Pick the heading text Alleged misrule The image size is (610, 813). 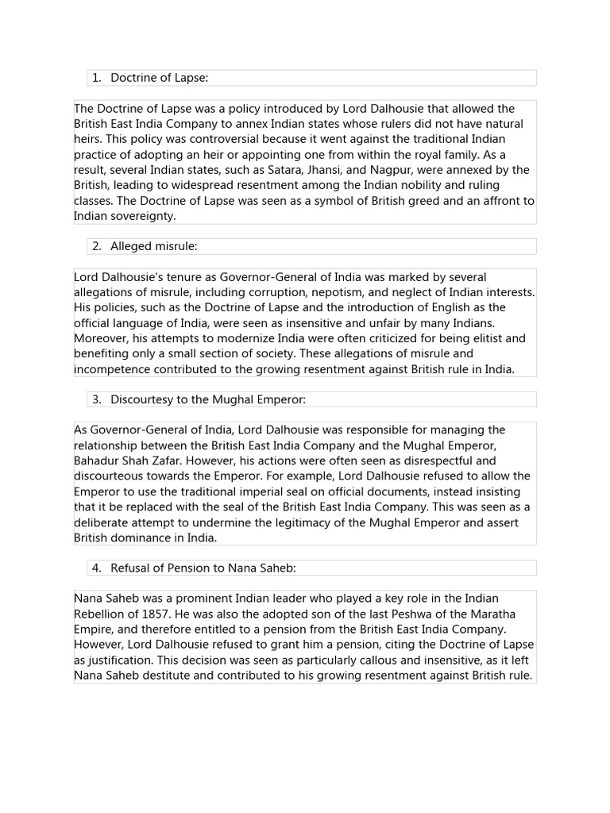coord(153,246)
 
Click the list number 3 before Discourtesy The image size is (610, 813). coord(95,399)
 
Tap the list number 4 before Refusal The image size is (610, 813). coord(95,568)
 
